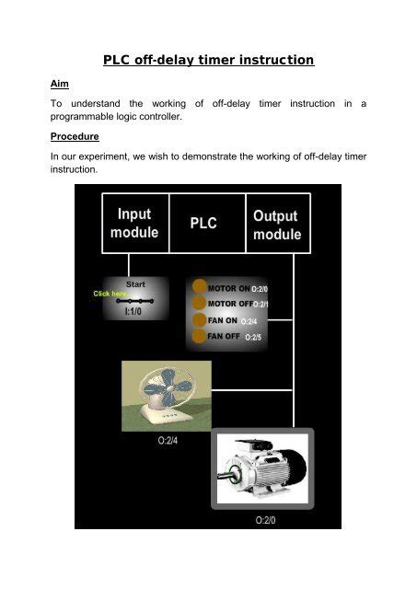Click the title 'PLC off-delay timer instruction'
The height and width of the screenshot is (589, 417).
pos(208,61)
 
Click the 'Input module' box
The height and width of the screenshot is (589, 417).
pos(135,222)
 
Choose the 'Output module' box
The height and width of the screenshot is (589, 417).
pos(277,224)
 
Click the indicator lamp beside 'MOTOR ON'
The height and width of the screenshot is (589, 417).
pos(201,288)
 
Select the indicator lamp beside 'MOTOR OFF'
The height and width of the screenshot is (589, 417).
pos(201,304)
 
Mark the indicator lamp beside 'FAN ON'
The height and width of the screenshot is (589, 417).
pos(201,320)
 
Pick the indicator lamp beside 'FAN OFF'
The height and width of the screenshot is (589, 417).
pos(201,337)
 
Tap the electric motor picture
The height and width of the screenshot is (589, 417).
pos(263,468)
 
